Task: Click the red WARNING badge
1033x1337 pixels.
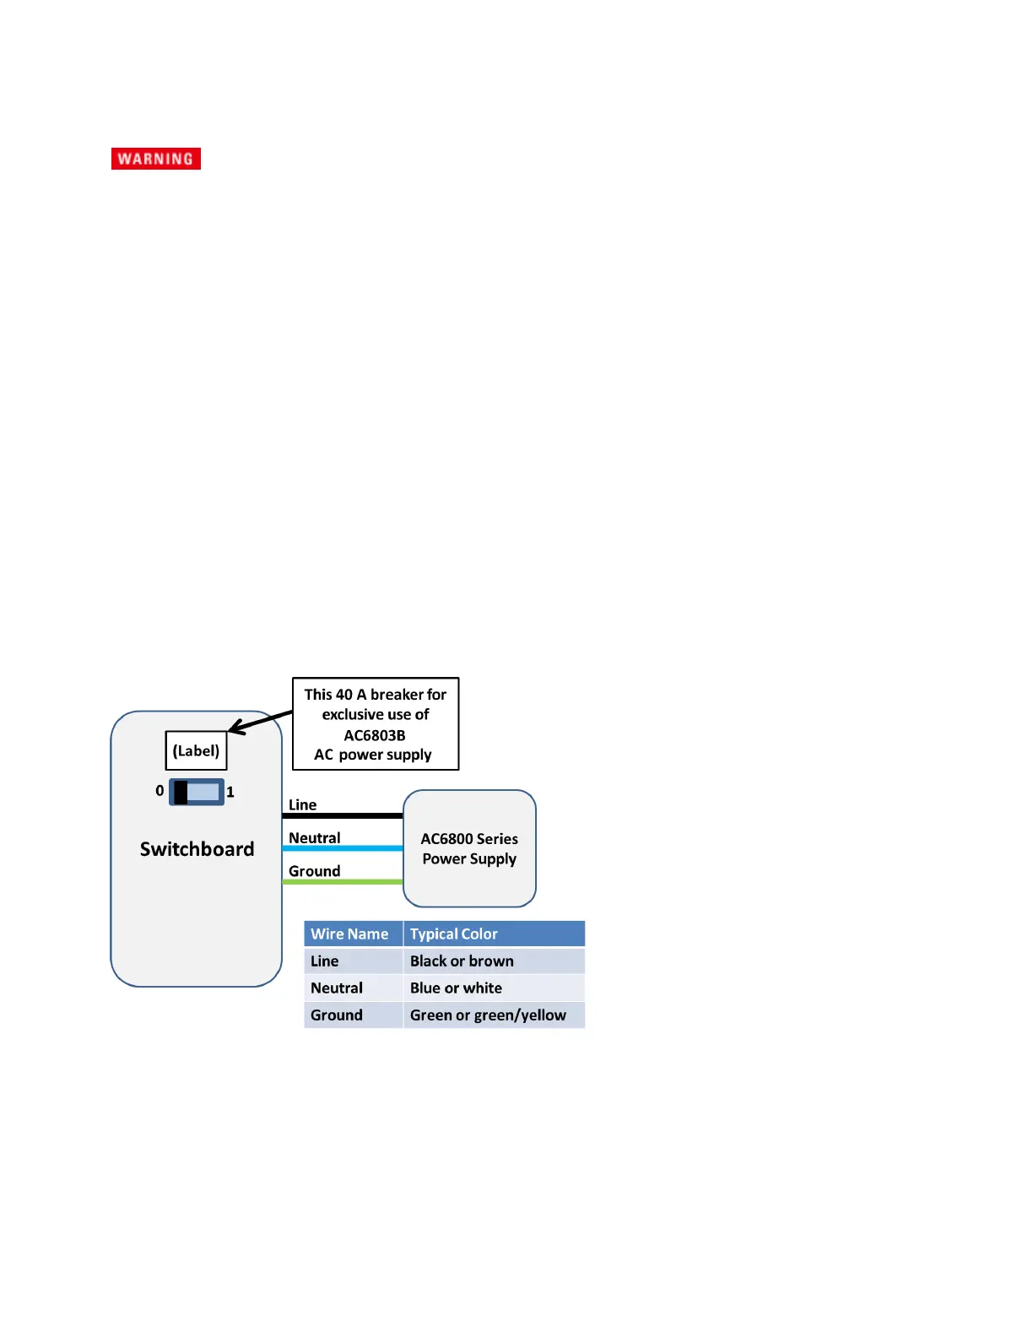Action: tap(156, 159)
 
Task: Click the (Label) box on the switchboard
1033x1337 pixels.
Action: tap(196, 750)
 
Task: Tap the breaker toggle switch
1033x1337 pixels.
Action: tap(197, 792)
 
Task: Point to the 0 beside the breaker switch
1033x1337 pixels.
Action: tap(160, 791)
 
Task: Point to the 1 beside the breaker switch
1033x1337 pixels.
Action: tap(230, 793)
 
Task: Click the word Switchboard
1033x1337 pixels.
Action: tap(197, 849)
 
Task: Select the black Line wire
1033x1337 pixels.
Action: tap(343, 815)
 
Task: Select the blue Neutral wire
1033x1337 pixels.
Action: tap(343, 848)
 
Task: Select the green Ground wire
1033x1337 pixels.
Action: tap(343, 882)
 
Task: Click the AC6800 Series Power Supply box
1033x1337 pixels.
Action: tap(469, 848)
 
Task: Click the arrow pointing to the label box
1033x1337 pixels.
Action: tap(260, 722)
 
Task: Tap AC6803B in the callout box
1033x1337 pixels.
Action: tap(375, 735)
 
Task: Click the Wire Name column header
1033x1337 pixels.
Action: tap(349, 934)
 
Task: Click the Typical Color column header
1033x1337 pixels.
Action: tap(454, 934)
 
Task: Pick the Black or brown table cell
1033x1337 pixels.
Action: tap(462, 961)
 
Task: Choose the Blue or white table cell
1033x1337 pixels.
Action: tap(456, 988)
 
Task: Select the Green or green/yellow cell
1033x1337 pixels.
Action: tap(488, 1015)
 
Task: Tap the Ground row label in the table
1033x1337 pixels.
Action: tap(337, 1015)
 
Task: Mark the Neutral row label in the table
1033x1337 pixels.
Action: tap(337, 988)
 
